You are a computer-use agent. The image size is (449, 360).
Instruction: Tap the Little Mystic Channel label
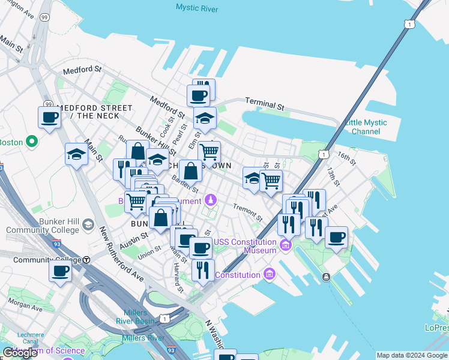[x=366, y=127]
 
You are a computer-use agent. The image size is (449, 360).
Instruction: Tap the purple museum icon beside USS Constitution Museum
[x=285, y=245]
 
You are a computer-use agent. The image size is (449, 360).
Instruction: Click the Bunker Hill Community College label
[x=43, y=225]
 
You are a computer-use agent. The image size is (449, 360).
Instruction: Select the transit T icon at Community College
[x=86, y=260]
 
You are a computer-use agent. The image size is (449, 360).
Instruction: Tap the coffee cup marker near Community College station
[x=60, y=271]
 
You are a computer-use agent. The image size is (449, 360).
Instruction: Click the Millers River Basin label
[x=139, y=317]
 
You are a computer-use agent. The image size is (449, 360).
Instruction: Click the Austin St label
[x=133, y=241]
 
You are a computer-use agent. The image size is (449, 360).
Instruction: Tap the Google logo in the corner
[x=20, y=353]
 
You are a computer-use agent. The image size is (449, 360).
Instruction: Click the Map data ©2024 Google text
[x=412, y=355]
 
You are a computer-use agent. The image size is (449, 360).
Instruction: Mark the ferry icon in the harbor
[x=326, y=277]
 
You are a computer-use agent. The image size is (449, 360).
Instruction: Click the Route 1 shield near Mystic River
[x=408, y=24]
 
